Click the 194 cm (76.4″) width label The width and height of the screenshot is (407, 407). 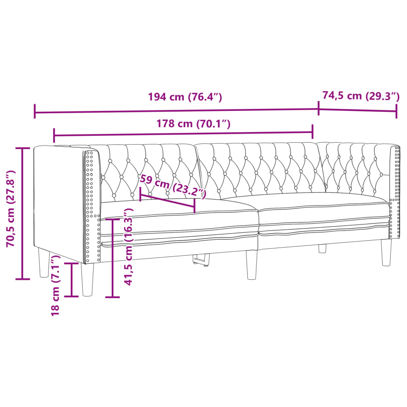pos(184,97)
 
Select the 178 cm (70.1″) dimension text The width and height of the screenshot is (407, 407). pos(194,124)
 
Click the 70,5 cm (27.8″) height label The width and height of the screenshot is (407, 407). pos(11,208)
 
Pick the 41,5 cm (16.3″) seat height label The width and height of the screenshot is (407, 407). pos(128,247)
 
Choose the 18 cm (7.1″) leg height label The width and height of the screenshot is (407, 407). pos(56,286)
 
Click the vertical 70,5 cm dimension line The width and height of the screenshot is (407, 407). pos(23,213)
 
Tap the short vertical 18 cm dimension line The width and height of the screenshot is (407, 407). pos(72,279)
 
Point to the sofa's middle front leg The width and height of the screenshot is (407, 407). pos(251,265)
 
